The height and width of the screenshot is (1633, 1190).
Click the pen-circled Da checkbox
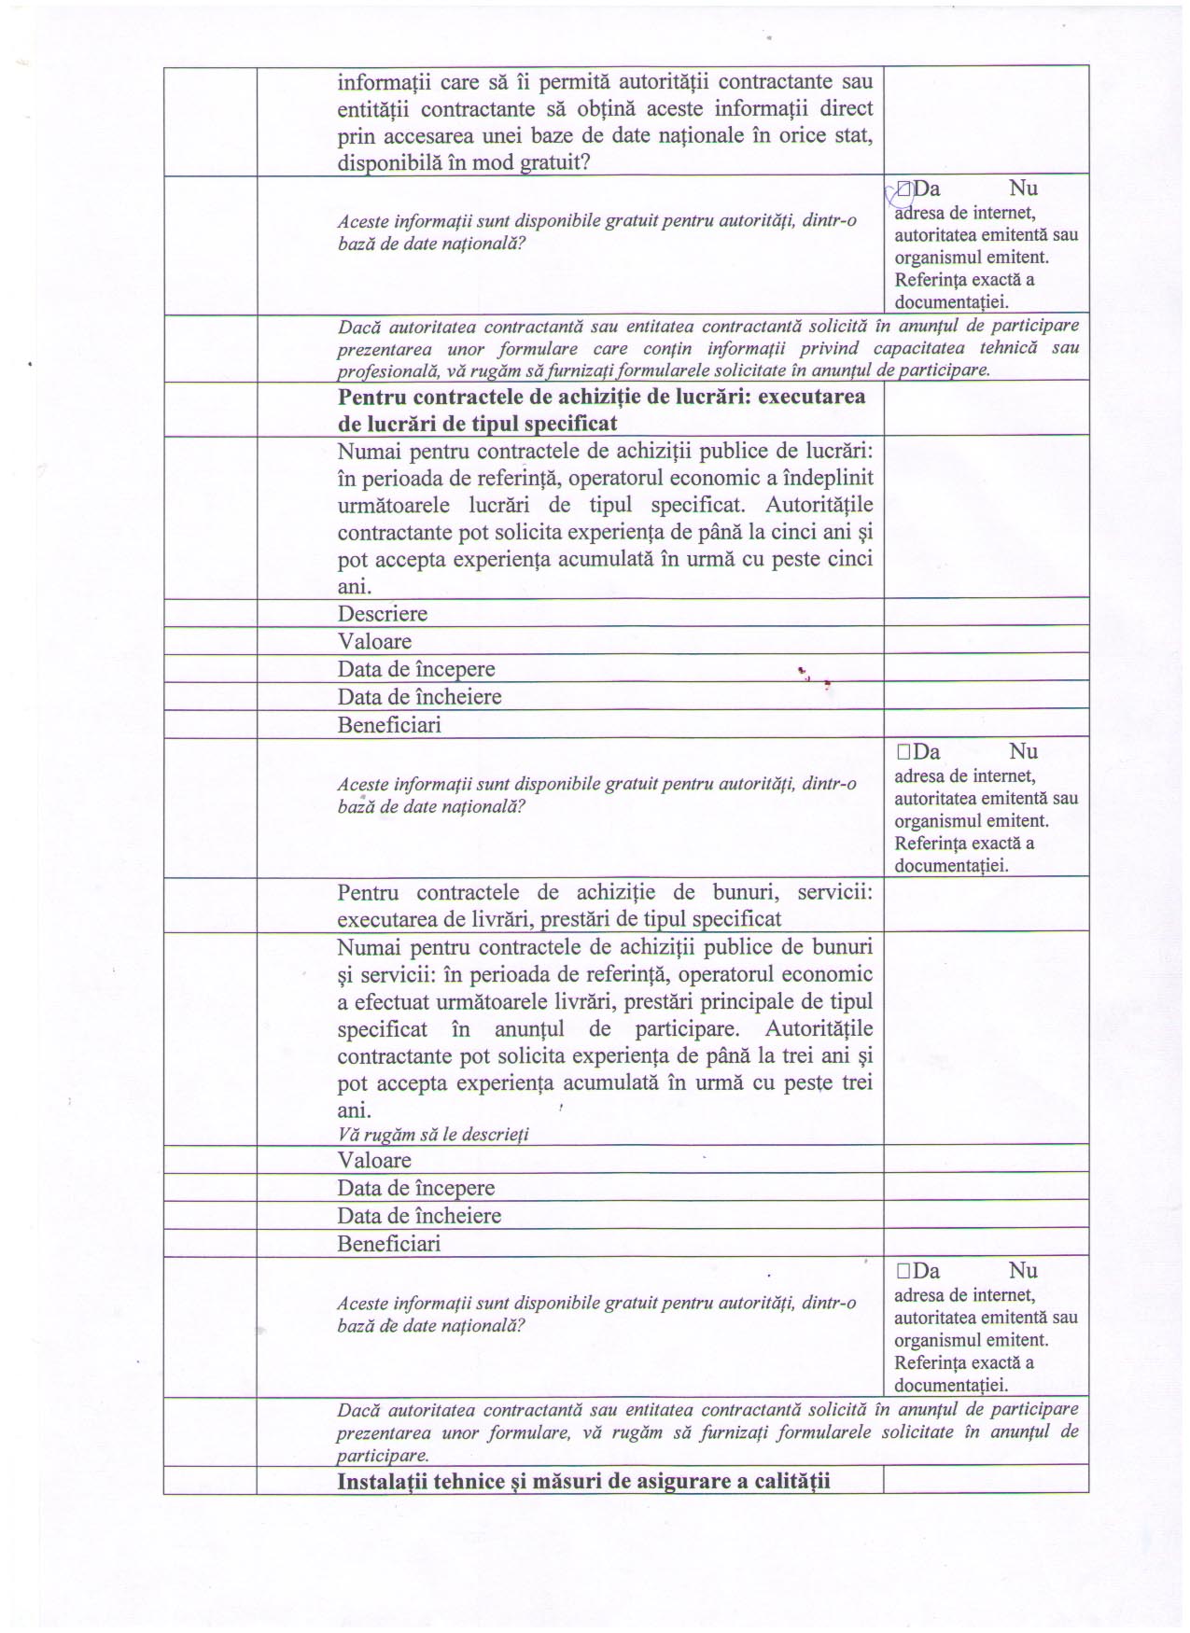point(903,190)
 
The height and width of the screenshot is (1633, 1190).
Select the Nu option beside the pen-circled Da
point(1023,189)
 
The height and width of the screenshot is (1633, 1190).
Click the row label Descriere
point(383,614)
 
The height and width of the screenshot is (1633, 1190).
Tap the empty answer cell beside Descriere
point(986,613)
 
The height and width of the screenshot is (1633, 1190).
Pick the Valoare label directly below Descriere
point(374,642)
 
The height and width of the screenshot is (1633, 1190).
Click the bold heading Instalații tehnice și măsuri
point(584,1481)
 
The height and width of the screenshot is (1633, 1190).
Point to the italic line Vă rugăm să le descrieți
point(433,1135)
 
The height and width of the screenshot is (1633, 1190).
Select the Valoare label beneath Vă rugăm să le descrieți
point(374,1161)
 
